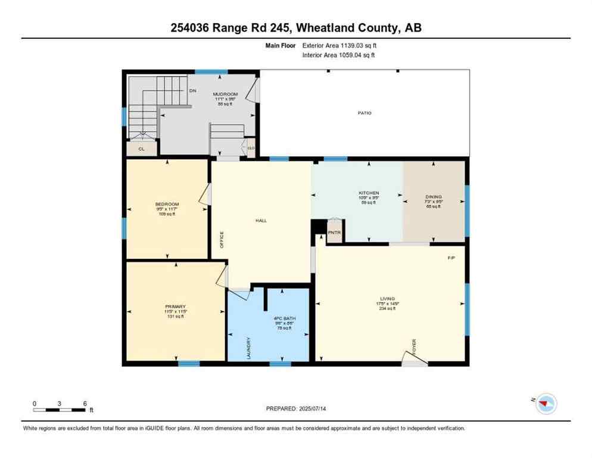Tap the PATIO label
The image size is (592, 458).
pos(364,113)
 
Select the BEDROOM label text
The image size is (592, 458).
pos(167,205)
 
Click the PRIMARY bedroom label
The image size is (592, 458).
pos(176,307)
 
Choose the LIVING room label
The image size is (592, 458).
pos(388,299)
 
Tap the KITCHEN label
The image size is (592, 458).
pos(369,193)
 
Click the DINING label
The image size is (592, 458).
pos(434,197)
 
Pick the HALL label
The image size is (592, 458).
pos(261,221)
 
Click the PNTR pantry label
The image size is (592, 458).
pos(334,232)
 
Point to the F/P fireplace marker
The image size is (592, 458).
pos(451,258)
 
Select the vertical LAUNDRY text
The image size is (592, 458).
pos(248,348)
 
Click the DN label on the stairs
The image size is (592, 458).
pos(193,91)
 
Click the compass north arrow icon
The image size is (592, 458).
pos(546,404)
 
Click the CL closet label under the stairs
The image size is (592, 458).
pos(142,149)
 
